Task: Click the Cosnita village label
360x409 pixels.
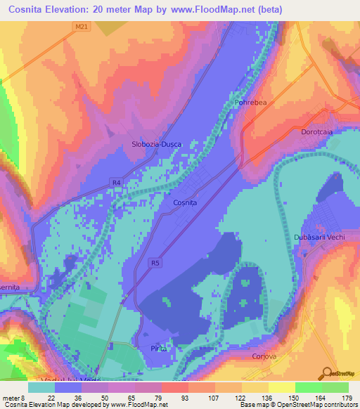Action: tap(185, 202)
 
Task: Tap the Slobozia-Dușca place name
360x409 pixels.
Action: tap(157, 144)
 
